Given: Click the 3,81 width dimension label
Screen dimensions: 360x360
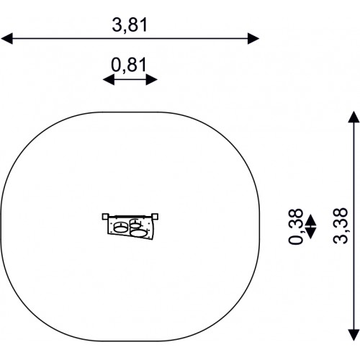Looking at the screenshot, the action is [130, 25].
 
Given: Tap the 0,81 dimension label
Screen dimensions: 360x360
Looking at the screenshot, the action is [129, 66].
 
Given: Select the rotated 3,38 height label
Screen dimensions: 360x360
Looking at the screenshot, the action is [341, 225].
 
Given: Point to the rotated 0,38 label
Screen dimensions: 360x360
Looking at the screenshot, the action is [296, 226].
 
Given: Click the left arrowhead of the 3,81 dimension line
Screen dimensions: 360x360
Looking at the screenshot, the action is [6, 39].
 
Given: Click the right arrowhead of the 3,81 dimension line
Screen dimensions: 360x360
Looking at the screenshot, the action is [253, 39].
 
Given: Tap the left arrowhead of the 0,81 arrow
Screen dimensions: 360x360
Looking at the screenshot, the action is [109, 79].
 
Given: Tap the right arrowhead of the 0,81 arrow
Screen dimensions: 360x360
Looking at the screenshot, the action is [152, 79].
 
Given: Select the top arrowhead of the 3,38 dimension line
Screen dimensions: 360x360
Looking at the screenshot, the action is [354, 117].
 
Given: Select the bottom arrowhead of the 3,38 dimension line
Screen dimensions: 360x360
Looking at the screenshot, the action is [354, 335].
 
